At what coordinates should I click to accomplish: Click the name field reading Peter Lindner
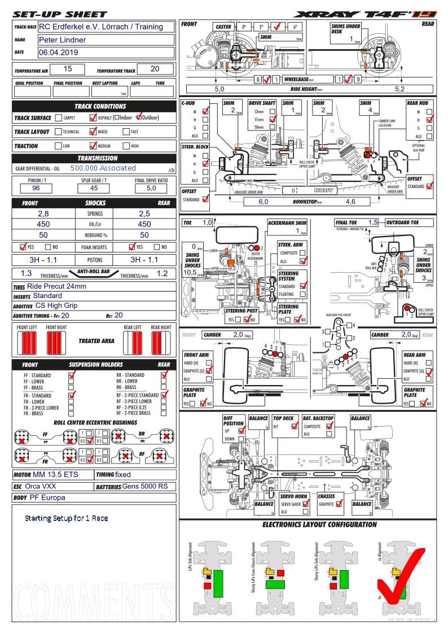(62, 40)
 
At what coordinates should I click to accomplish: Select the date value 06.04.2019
(59, 53)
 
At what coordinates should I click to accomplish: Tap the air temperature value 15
(68, 69)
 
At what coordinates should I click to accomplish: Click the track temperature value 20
(155, 69)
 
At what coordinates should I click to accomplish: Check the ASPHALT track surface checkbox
(93, 118)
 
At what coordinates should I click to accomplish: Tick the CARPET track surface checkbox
(58, 118)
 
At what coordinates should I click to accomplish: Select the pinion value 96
(36, 188)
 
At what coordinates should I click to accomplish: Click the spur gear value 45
(94, 188)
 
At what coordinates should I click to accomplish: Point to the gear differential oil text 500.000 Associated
(103, 168)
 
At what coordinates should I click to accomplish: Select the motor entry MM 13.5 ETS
(55, 475)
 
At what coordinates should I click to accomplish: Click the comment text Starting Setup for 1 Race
(66, 518)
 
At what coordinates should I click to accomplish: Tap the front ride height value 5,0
(219, 89)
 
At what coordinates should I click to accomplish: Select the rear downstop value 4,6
(350, 202)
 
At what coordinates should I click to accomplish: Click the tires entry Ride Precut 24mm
(56, 286)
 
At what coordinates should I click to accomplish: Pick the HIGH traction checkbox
(126, 146)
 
